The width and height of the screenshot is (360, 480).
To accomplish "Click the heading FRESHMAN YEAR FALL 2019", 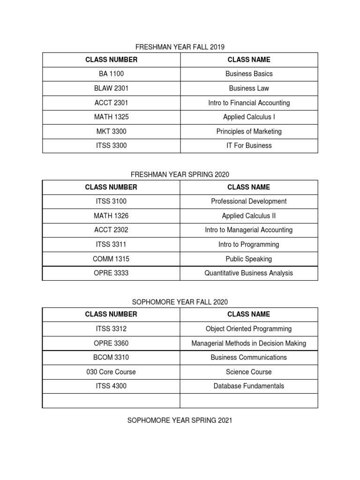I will pyautogui.click(x=180, y=47).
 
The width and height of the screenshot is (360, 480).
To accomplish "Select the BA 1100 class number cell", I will pyautogui.click(x=111, y=74).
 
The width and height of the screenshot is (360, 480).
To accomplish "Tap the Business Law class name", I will pyautogui.click(x=249, y=88).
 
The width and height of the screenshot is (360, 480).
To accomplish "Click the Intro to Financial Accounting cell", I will pyautogui.click(x=249, y=103).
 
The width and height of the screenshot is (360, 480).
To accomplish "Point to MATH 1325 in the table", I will pyautogui.click(x=111, y=117).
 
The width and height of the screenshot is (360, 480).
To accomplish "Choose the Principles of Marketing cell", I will pyautogui.click(x=249, y=131).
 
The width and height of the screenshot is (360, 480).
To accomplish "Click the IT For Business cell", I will pyautogui.click(x=249, y=146).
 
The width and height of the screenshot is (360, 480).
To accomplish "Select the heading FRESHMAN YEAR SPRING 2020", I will pyautogui.click(x=180, y=174).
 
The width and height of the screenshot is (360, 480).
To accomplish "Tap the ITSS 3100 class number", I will pyautogui.click(x=111, y=202).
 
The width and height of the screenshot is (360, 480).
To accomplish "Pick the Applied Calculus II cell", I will pyautogui.click(x=249, y=216).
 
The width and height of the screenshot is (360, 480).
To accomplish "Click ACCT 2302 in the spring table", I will pyautogui.click(x=111, y=230).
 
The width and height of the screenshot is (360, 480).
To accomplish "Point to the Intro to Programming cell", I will pyautogui.click(x=249, y=245).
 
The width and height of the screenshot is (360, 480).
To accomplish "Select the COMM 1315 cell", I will pyautogui.click(x=111, y=259).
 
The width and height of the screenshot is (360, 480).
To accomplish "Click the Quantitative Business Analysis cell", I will pyautogui.click(x=249, y=273).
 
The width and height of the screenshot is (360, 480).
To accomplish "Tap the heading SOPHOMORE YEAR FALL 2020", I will pyautogui.click(x=180, y=302).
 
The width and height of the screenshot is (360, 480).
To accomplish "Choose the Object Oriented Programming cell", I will pyautogui.click(x=249, y=329).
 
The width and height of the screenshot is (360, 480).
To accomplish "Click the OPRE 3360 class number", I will pyautogui.click(x=111, y=344).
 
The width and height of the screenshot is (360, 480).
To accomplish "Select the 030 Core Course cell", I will pyautogui.click(x=111, y=372).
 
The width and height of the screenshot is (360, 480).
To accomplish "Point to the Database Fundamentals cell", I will pyautogui.click(x=249, y=386).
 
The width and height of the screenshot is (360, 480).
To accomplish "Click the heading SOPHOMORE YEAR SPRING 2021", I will pyautogui.click(x=180, y=420).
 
